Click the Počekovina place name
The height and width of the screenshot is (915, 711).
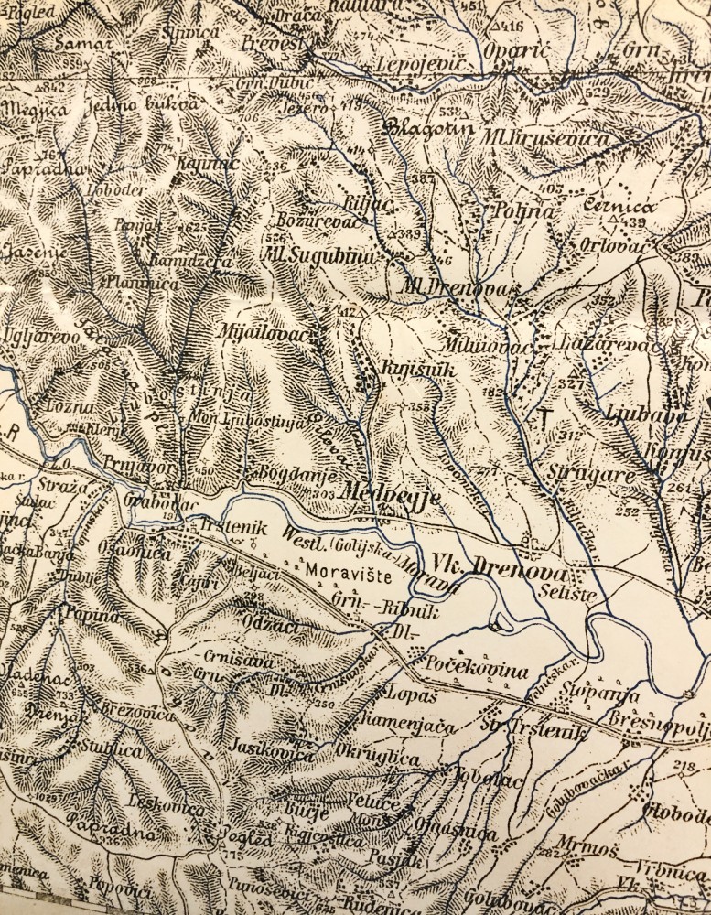coord(480,671)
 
